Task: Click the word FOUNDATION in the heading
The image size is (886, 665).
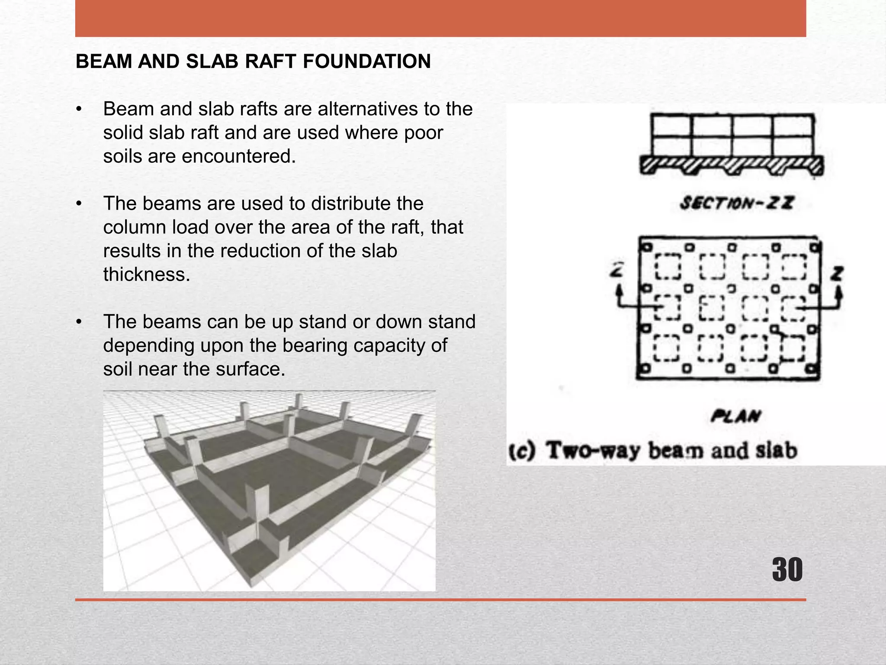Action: point(366,61)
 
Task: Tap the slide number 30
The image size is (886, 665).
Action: point(787,570)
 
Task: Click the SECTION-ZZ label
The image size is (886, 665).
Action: point(737,203)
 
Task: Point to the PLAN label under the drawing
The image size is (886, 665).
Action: point(736,416)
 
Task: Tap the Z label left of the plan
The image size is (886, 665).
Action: point(616,271)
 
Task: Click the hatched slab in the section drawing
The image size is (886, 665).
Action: point(731,166)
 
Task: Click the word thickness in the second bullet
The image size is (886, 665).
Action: point(147,274)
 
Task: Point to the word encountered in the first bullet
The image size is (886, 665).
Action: point(239,156)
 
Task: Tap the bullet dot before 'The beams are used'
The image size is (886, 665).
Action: point(78,203)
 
